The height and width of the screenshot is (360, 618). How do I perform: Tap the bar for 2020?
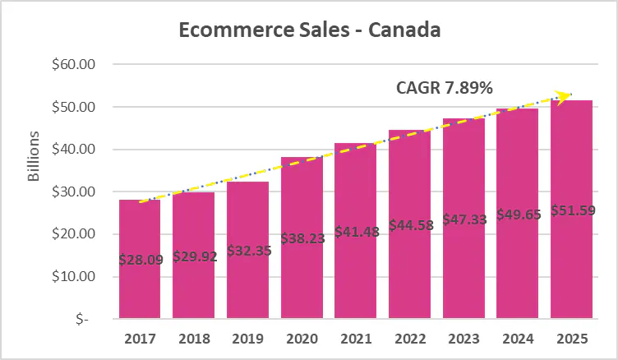pos(302,279)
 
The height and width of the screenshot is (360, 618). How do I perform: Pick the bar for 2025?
pos(571,279)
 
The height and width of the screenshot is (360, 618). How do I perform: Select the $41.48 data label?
pos(355,233)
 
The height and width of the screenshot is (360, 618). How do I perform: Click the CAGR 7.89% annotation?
pos(445,88)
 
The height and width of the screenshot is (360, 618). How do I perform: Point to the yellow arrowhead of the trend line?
pos(564,97)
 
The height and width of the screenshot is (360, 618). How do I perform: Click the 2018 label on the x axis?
pos(193,338)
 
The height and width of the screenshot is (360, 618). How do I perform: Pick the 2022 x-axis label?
pos(409,338)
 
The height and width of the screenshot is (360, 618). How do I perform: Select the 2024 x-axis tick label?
pos(517,338)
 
